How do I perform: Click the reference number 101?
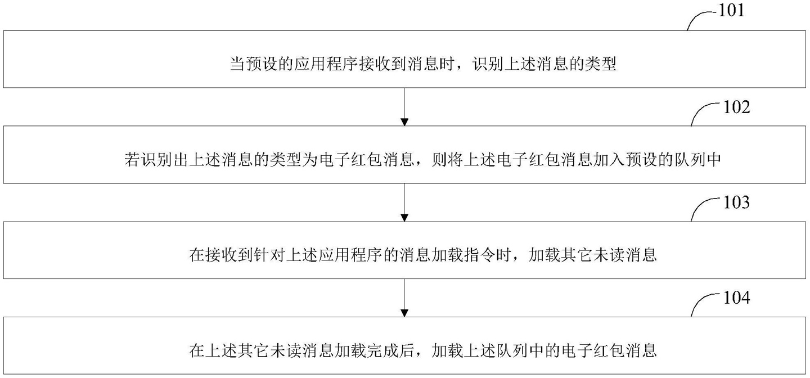731,10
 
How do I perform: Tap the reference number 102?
737,107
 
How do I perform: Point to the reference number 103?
737,202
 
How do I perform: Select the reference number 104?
737,298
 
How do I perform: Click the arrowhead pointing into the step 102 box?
404,122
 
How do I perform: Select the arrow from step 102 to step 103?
404,202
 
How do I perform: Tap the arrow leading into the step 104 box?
404,298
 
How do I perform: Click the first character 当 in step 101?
237,64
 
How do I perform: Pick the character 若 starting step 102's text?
132,160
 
